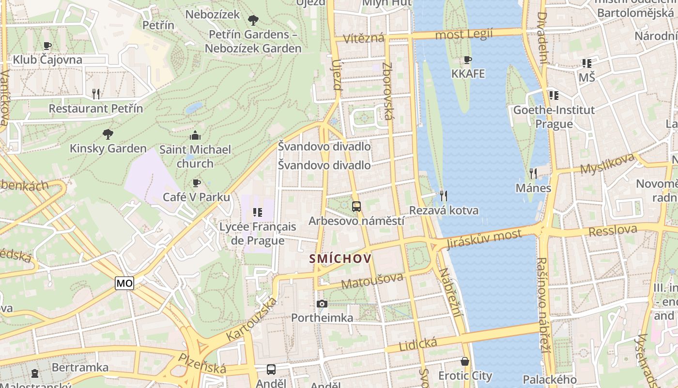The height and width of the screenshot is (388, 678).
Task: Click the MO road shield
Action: click(124, 283)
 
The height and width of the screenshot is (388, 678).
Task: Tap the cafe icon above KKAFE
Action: click(467, 60)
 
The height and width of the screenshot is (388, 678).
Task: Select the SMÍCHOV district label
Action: click(341, 259)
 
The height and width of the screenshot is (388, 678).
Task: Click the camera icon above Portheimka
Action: click(322, 304)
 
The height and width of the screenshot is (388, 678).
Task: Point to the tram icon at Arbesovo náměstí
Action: click(356, 207)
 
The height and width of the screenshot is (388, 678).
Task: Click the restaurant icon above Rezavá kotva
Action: click(443, 196)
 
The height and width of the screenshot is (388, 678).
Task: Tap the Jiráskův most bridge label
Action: click(484, 238)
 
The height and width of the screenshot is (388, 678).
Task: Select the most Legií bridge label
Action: click(463, 34)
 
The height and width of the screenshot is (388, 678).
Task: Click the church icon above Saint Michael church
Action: click(195, 135)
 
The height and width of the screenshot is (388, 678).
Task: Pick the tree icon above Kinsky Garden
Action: click(108, 134)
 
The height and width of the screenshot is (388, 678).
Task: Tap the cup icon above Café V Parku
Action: click(196, 183)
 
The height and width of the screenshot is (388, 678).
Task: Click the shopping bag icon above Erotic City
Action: click(465, 361)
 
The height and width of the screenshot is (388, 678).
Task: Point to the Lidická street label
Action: click(417, 345)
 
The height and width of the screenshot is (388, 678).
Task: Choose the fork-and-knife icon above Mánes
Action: click(533, 173)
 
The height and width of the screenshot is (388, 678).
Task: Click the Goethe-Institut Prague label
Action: click(554, 117)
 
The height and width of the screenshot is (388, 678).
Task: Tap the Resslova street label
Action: click(612, 230)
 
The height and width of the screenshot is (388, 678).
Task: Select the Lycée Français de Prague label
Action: click(258, 233)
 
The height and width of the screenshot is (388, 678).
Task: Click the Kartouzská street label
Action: click(252, 318)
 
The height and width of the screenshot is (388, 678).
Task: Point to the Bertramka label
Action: click(80, 367)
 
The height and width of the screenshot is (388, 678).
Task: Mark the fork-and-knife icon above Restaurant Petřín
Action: click(96, 94)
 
